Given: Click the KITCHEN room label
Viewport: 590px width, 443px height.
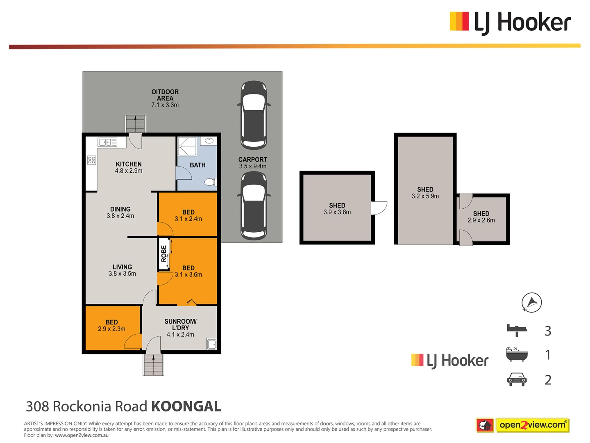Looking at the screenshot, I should click(x=129, y=164).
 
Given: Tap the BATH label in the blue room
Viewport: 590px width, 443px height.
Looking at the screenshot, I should click(x=197, y=165).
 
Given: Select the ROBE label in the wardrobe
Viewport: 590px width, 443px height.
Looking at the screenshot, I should click(x=164, y=253).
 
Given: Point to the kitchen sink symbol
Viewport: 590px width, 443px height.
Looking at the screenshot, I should click(x=107, y=142).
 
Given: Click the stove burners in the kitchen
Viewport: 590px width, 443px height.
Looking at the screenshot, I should click(x=92, y=160).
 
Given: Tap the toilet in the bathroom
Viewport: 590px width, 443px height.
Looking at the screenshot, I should click(x=210, y=182).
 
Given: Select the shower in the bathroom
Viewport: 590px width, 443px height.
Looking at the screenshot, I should click(x=187, y=146).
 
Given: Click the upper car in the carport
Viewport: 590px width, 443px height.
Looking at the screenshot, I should click(x=254, y=114).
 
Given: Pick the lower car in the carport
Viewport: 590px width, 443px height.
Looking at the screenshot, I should click(x=254, y=206).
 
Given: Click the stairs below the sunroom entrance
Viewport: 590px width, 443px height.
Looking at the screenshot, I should click(x=153, y=364).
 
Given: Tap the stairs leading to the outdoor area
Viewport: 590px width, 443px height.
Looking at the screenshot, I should click(x=135, y=124).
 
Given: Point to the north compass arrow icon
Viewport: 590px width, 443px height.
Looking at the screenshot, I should click(x=531, y=303).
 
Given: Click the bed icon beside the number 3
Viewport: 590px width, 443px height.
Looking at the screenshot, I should click(x=517, y=330).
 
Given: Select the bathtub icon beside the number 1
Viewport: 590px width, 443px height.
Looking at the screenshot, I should click(x=517, y=354).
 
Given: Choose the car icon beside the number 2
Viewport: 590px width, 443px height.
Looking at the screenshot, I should click(x=517, y=379).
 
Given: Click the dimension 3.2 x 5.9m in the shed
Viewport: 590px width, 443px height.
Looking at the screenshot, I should click(x=425, y=196).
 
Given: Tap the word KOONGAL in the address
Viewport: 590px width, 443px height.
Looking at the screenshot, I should click(x=186, y=406).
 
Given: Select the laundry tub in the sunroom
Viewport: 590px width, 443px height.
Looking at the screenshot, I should click(x=212, y=344).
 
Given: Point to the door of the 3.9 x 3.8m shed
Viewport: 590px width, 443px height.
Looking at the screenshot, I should click(x=379, y=208).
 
